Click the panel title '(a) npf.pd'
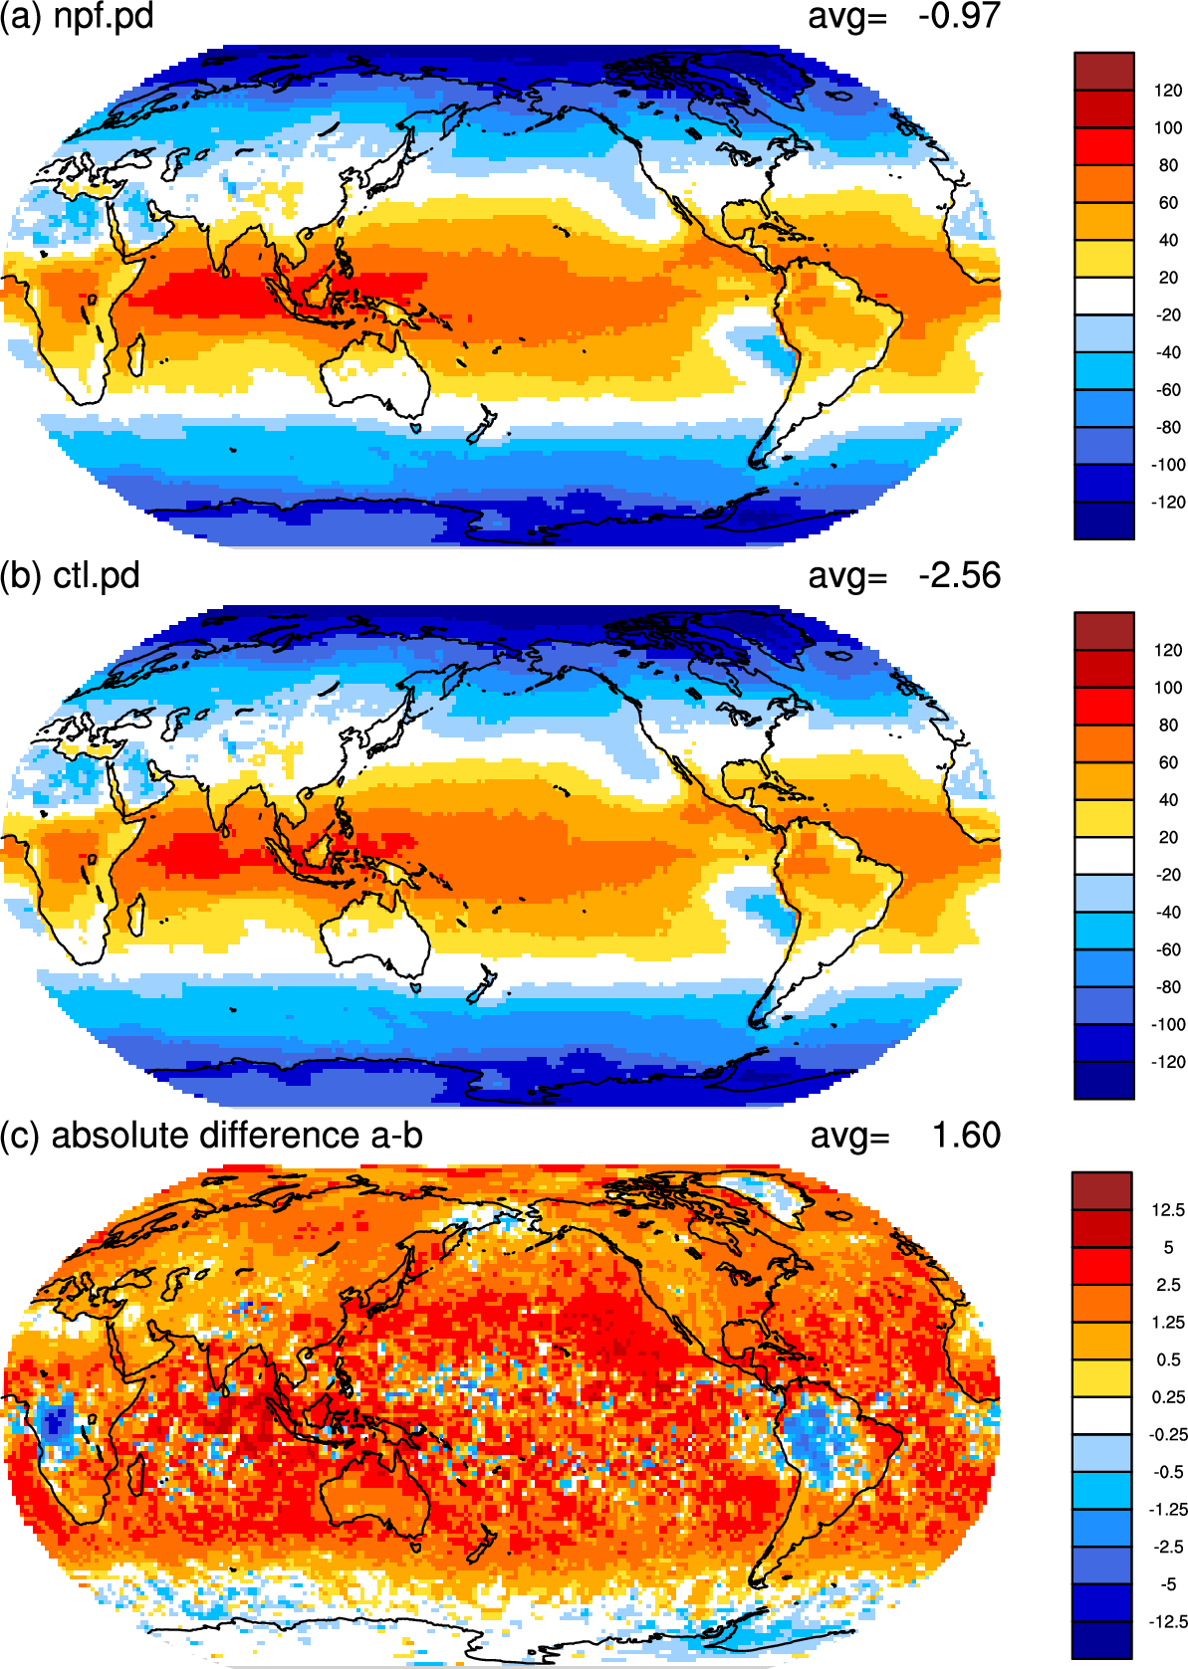point(77,16)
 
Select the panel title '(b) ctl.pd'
point(70,576)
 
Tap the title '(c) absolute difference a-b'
point(212,1136)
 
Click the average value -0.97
point(958,16)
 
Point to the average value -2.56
point(958,576)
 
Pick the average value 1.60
point(966,1136)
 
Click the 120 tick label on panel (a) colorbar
point(1168,91)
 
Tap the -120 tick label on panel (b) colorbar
point(1168,1062)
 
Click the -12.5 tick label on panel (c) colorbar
point(1166,1621)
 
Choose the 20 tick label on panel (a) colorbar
point(1168,278)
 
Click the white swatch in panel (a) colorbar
point(1103,296)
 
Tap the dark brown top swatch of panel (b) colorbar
point(1103,632)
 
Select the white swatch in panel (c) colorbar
point(1101,1415)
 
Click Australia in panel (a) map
point(376,376)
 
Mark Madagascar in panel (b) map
point(135,915)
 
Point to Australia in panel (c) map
point(376,1496)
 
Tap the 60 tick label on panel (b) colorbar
point(1168,763)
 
